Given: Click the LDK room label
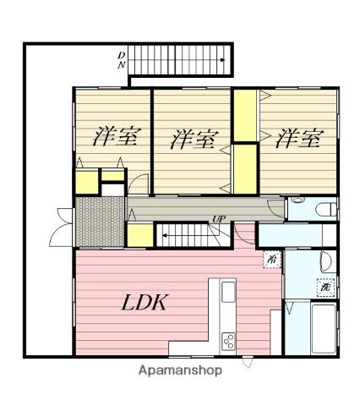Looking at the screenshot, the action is click(x=145, y=302).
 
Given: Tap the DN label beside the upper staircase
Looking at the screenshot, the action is click(x=122, y=60).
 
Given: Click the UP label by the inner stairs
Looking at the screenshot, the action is click(x=219, y=219).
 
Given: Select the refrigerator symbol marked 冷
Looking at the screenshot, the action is click(x=272, y=259).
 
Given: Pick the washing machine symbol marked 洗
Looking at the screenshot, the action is click(x=325, y=288).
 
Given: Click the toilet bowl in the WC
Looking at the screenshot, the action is click(x=326, y=210).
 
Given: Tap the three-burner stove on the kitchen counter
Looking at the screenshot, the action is click(x=228, y=342).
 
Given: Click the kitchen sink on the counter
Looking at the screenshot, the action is click(x=228, y=292).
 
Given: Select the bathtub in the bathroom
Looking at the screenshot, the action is click(x=324, y=328).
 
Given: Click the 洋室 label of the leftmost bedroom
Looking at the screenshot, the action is click(x=117, y=137).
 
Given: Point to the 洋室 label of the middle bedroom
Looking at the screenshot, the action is click(x=194, y=139).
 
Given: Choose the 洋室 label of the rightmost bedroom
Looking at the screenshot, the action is click(x=299, y=138).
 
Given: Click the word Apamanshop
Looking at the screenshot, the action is click(x=180, y=370).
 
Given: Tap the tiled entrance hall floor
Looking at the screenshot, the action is click(x=100, y=222).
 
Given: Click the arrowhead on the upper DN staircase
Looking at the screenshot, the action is click(x=222, y=60).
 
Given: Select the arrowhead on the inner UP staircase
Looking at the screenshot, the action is click(x=165, y=235).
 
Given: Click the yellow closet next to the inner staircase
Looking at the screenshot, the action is click(x=140, y=235).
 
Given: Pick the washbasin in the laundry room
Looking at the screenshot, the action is click(x=326, y=261).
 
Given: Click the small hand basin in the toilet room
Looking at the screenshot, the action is click(x=297, y=200).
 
